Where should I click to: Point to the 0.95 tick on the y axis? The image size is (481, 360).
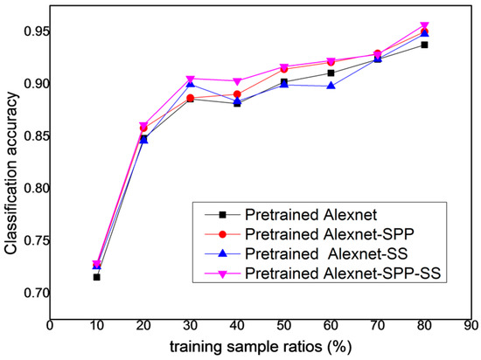[35, 31]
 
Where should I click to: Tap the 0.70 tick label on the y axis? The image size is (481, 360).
[35, 293]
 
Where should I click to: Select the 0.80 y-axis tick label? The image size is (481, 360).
[35, 188]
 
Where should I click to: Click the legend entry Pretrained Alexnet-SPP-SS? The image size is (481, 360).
[345, 274]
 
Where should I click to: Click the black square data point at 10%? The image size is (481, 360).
[97, 277]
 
